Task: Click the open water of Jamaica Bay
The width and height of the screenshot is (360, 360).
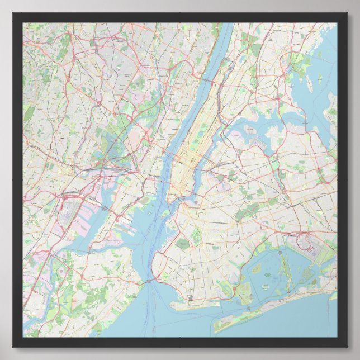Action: click(x=268, y=268)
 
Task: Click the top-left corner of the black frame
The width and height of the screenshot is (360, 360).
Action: click(x=13, y=13)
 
